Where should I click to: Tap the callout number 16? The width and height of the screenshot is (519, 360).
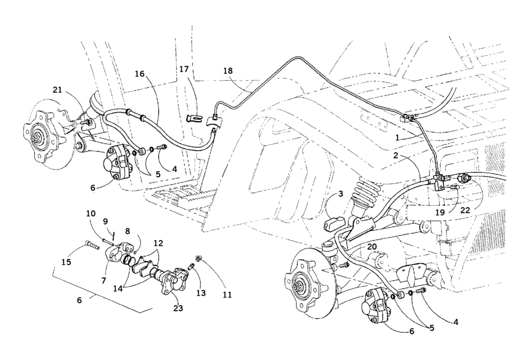pyautogui.click(x=140, y=74)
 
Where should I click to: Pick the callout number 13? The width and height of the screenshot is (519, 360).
pyautogui.click(x=201, y=293)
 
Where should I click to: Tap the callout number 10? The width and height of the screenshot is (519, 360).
pyautogui.click(x=90, y=213)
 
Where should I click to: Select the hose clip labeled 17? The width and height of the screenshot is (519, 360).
pyautogui.click(x=194, y=118)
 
